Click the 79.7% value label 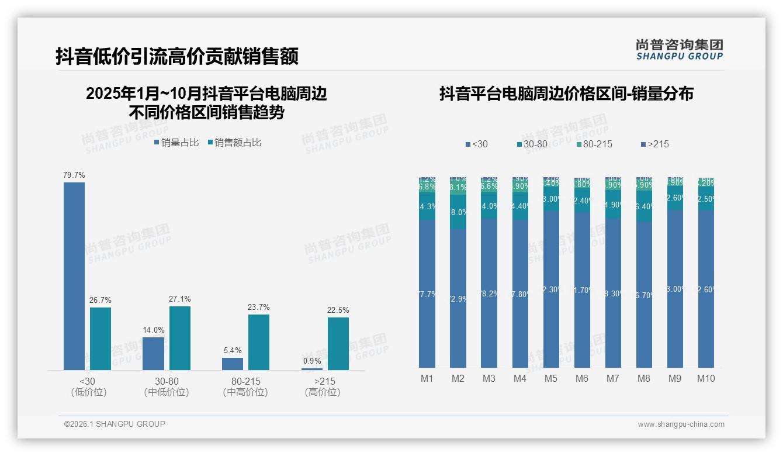click(x=74, y=175)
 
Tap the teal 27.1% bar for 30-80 click(x=180, y=338)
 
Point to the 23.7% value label click(x=259, y=307)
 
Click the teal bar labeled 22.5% click(x=338, y=344)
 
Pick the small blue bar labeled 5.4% click(x=233, y=364)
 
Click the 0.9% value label click(x=312, y=361)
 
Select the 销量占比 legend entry click(x=176, y=142)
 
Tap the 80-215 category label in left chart click(x=245, y=381)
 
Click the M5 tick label click(x=551, y=378)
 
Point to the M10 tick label click(x=706, y=378)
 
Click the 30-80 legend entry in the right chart click(x=534, y=144)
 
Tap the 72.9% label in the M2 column click(x=458, y=299)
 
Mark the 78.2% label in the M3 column click(x=489, y=293)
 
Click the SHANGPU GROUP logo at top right click(x=680, y=50)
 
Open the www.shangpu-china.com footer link click(x=681, y=424)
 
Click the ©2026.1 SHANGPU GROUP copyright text click(x=115, y=424)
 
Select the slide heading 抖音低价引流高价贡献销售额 click(x=177, y=56)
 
